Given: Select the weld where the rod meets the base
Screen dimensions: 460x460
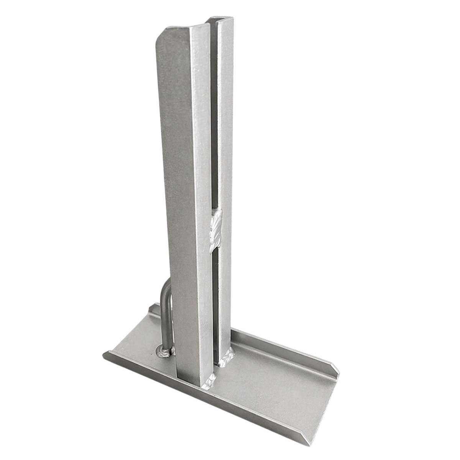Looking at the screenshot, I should [164, 351].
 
